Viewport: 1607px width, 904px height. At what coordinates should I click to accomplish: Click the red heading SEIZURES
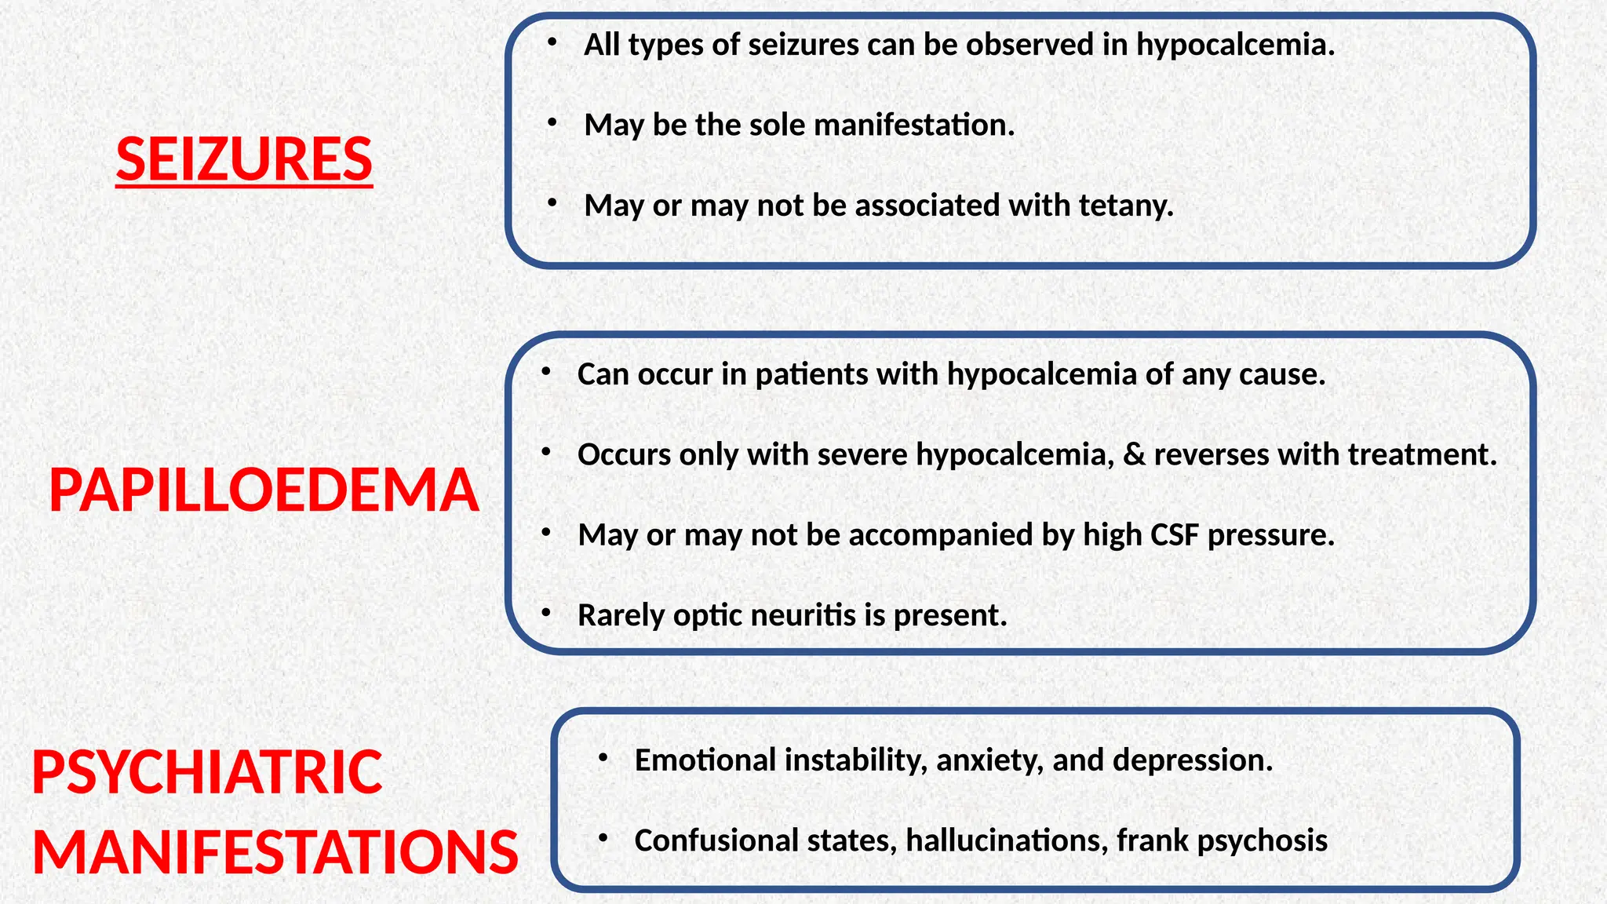[x=244, y=159]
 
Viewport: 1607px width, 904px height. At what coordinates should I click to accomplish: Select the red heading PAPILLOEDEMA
[x=264, y=490]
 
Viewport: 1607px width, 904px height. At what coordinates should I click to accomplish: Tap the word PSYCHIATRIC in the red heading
[x=207, y=772]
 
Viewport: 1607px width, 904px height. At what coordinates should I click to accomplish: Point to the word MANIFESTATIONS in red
[x=275, y=853]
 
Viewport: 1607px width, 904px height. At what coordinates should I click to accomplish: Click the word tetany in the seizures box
[x=1126, y=206]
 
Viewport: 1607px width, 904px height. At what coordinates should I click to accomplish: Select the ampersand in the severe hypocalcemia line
[x=1133, y=454]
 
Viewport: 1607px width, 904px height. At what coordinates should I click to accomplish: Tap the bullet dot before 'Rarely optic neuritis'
[x=546, y=612]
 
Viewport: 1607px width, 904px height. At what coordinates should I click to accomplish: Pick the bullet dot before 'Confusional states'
[x=603, y=838]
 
